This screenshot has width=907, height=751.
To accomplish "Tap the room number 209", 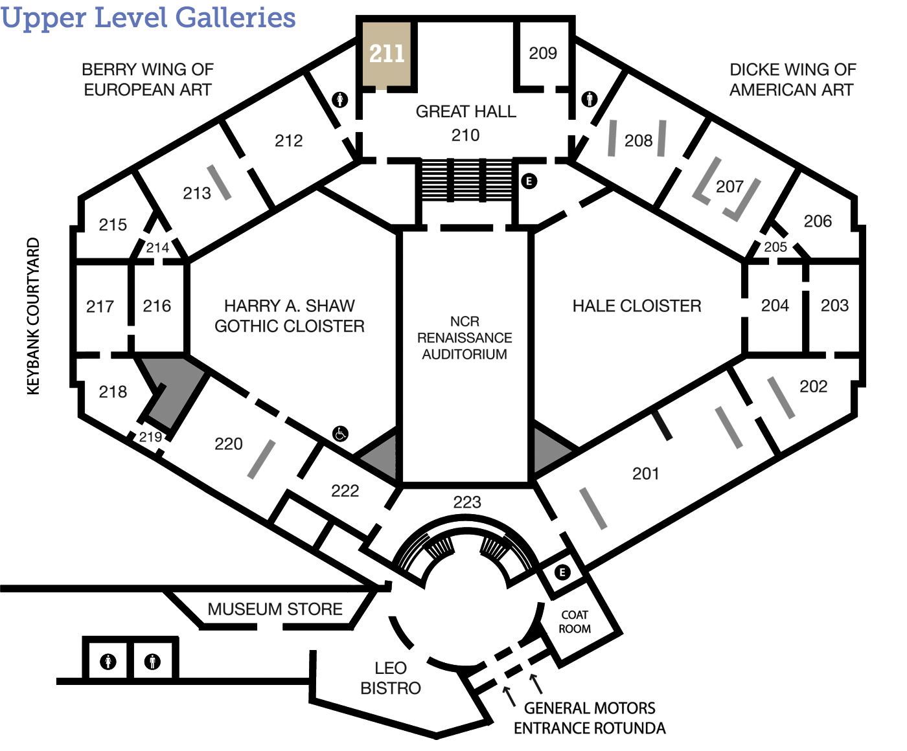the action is tap(542, 53).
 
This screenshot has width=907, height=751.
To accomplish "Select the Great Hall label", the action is tap(466, 111).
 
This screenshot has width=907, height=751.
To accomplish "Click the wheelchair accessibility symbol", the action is tap(340, 433).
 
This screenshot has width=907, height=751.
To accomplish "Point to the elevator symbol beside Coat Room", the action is tap(562, 572).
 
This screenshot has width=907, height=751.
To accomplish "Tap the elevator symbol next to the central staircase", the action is tap(529, 181).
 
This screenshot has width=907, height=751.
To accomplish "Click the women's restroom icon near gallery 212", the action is tap(339, 100).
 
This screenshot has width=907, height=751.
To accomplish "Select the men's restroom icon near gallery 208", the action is tap(590, 100).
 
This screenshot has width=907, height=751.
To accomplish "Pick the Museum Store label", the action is tap(275, 609).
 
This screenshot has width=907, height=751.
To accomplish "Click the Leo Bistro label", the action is tap(391, 678).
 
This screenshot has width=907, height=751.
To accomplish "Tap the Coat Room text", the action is tap(574, 622).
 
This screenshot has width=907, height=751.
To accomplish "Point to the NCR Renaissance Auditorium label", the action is tap(465, 338).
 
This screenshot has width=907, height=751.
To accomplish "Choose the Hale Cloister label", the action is tap(636, 306).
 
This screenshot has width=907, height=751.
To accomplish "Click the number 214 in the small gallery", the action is tap(157, 248).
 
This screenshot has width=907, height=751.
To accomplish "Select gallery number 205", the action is tap(775, 247).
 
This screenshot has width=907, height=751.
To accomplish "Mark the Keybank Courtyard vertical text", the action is tap(34, 316).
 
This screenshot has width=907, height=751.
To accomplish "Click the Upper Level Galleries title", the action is tap(148, 18).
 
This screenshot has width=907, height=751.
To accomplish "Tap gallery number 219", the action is tap(150, 437).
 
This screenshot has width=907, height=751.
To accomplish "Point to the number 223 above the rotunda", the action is tap(467, 502).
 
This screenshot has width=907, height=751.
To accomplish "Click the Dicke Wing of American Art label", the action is tap(792, 80).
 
